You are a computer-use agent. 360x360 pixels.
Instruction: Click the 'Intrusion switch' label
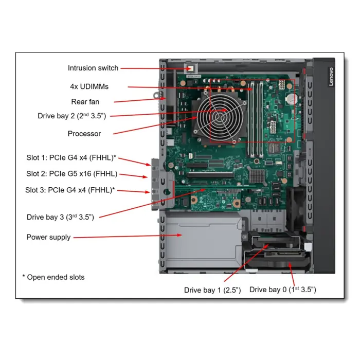click(93, 68)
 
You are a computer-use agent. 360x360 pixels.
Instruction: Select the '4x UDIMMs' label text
click(89, 86)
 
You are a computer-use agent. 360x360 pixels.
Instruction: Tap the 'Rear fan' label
click(85, 101)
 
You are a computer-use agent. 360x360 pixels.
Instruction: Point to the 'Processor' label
click(84, 134)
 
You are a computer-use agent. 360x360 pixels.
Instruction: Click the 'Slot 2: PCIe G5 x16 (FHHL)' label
click(72, 173)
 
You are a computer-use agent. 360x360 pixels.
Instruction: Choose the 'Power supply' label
click(48, 237)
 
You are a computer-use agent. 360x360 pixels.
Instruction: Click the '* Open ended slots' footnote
click(53, 277)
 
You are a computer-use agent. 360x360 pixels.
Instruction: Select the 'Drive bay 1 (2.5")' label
click(213, 291)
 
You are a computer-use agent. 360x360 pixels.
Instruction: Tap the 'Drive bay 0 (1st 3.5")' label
click(283, 290)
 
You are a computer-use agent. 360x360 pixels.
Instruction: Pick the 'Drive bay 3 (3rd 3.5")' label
click(60, 217)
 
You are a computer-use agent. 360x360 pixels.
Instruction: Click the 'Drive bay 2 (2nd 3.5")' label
click(72, 116)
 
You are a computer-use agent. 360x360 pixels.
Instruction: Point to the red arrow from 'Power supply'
click(129, 237)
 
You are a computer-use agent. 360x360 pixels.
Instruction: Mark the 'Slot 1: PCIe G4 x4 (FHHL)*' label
click(71, 157)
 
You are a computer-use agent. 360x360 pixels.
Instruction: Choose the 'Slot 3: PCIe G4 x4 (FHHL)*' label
click(70, 190)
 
